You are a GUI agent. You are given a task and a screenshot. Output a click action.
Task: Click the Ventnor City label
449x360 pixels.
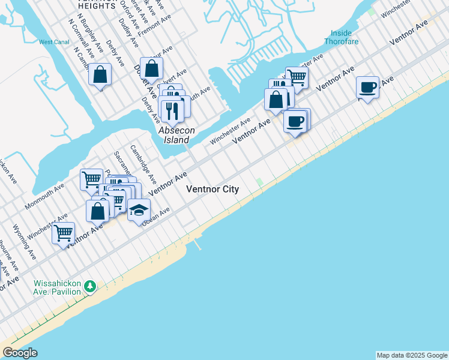tap(212, 189)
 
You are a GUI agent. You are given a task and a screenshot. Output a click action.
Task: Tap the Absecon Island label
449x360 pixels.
tap(174, 134)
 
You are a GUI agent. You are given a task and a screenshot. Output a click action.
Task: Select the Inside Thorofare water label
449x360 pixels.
tap(342, 37)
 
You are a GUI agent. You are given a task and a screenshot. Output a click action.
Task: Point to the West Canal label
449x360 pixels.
tap(54, 42)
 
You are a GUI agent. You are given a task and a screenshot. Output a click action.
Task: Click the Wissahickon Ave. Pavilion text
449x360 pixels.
tap(49, 287)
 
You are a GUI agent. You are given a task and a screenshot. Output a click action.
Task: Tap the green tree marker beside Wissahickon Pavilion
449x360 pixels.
tap(90, 286)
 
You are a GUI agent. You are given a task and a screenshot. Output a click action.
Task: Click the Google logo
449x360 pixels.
tap(20, 353)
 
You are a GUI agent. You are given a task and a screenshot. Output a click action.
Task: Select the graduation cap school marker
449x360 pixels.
tap(139, 211)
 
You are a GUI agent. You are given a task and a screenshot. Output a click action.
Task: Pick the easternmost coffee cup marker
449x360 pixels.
tap(367, 88)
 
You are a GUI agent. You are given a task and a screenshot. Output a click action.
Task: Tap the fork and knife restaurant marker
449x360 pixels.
tap(172, 109)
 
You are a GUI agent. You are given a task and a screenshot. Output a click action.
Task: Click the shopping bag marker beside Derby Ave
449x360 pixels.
tap(100, 75)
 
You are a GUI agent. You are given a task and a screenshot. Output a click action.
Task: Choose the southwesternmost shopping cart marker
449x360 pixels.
tap(63, 232)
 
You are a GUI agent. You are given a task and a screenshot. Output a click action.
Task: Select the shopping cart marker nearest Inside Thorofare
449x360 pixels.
tap(297, 76)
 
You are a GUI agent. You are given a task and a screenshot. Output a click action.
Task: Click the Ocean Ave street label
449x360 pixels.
tap(156, 217)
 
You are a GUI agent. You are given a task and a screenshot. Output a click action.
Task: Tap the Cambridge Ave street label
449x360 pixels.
tap(143, 164)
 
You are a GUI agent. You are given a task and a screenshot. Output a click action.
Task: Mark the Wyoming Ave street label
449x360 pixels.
tap(25, 242)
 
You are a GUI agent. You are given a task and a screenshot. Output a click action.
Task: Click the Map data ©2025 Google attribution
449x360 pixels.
tap(412, 355)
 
